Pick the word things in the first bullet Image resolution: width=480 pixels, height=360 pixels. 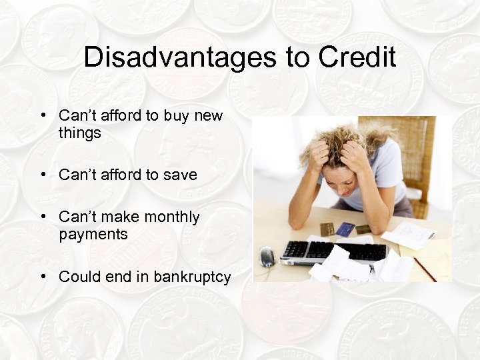click(79, 133)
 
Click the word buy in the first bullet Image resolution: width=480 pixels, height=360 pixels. click(176, 116)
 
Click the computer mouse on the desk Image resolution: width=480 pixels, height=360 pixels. click(267, 256)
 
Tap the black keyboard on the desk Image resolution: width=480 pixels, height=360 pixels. click(333, 251)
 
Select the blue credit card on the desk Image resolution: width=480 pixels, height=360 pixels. click(345, 229)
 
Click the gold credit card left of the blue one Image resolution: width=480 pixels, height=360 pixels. click(327, 229)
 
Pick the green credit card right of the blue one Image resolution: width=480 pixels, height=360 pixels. click(363, 229)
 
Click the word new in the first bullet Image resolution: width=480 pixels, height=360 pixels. click(208, 116)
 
